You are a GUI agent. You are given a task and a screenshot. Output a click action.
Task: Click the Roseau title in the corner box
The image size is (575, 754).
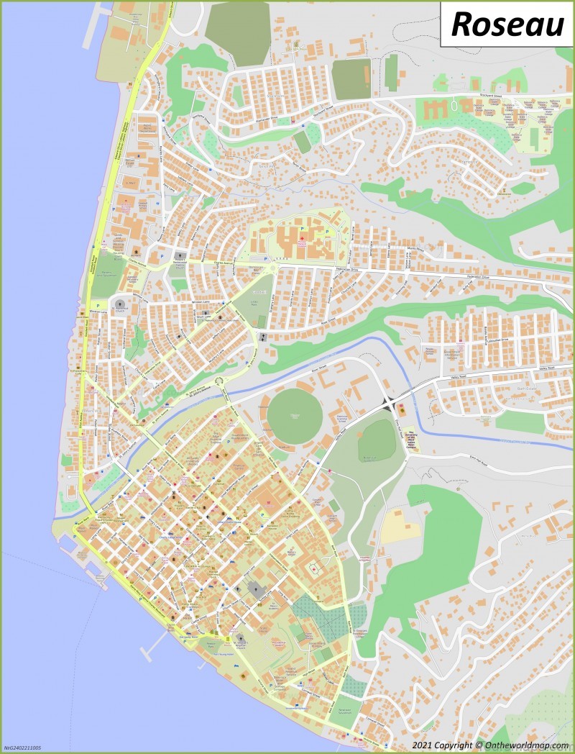click(x=507, y=24)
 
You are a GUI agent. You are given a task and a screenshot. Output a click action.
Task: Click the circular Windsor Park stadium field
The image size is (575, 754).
click(x=295, y=417)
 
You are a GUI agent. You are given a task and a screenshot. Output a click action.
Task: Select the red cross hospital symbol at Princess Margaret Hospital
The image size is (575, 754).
click(x=303, y=238)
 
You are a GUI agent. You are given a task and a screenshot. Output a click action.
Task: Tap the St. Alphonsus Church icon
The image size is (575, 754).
click(x=180, y=256)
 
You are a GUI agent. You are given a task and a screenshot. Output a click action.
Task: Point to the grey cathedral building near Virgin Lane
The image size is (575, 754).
click(x=256, y=591)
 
